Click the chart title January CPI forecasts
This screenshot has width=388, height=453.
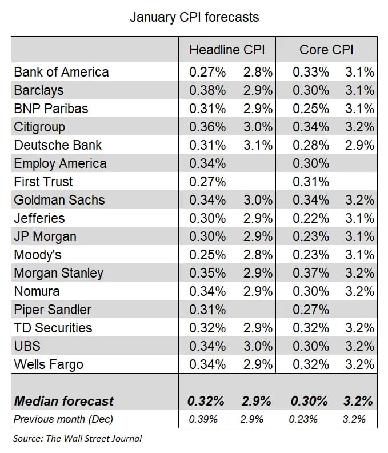(x=194, y=17)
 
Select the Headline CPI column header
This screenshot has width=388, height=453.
(x=227, y=50)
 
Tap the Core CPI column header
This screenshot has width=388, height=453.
(x=326, y=50)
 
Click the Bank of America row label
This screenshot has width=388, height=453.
(x=62, y=72)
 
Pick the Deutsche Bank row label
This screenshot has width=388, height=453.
(x=58, y=145)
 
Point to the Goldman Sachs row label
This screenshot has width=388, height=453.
(x=59, y=200)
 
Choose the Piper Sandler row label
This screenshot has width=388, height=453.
(x=53, y=310)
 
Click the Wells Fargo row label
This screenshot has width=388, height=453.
(x=49, y=364)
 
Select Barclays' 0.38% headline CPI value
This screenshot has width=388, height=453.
(x=207, y=90)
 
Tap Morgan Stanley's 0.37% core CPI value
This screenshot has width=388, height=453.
(x=311, y=273)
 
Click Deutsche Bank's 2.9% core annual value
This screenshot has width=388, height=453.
(x=359, y=145)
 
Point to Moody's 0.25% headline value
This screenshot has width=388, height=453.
(x=207, y=255)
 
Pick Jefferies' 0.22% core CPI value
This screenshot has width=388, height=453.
(x=311, y=218)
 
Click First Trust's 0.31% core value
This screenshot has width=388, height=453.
(x=311, y=182)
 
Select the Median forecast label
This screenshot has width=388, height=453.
(x=64, y=401)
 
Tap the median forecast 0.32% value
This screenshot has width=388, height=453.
(x=206, y=401)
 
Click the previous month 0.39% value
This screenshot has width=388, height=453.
(x=203, y=419)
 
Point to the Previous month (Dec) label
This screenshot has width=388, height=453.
(x=63, y=419)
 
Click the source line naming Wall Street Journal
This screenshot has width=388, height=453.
(x=77, y=439)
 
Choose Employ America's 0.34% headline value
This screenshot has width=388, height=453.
(x=207, y=163)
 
